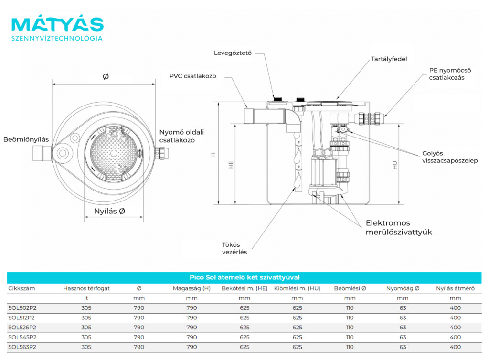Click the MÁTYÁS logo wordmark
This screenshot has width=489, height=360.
[x=57, y=24]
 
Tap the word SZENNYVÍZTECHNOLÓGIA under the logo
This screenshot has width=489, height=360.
[x=57, y=38]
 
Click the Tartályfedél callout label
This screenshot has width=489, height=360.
[x=389, y=59]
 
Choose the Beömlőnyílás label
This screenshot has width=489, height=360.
[x=26, y=139]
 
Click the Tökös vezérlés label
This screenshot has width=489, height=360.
[x=234, y=248]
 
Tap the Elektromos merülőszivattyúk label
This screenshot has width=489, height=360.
[x=399, y=228]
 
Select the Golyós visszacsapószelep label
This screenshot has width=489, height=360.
[x=449, y=157]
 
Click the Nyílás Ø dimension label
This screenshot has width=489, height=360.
[x=109, y=211]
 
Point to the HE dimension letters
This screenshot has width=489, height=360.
[x=231, y=164]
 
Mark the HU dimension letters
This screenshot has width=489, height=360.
[x=394, y=165]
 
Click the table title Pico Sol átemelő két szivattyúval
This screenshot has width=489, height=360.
[x=244, y=277]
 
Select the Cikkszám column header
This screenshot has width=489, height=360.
[x=21, y=288]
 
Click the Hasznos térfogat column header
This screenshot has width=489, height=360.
[x=86, y=288]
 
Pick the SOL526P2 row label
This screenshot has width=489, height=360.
[x=22, y=328]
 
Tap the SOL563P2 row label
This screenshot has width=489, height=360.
[x=22, y=347]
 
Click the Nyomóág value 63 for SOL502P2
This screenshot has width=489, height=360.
[x=403, y=308]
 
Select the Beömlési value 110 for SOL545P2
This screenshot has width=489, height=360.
[x=350, y=337]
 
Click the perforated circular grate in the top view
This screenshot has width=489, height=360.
[x=113, y=152]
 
